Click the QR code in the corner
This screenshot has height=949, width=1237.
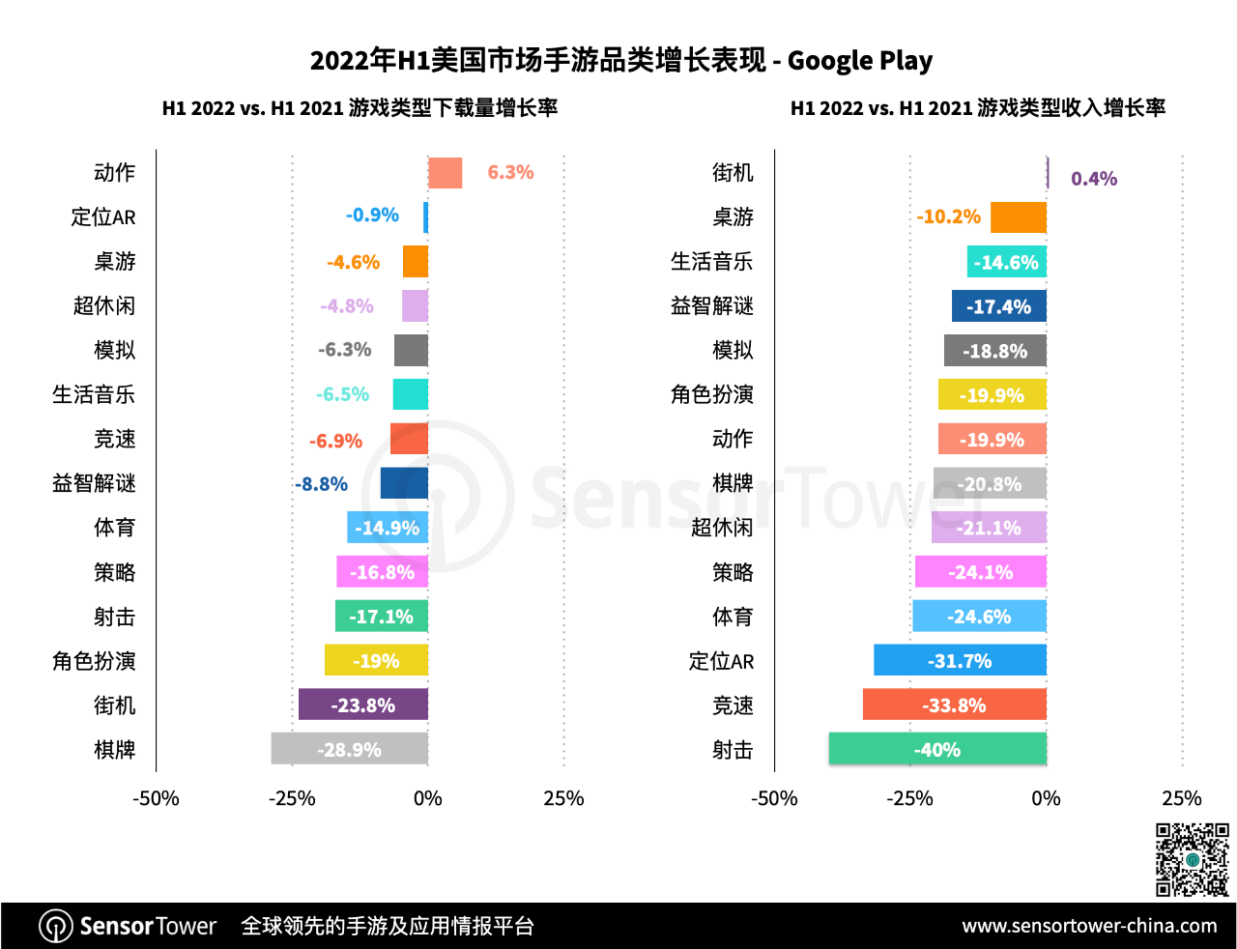[x=1193, y=859]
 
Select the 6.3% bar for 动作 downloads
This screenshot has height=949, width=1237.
[x=446, y=173]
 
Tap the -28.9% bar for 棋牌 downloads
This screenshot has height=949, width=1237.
[x=349, y=749]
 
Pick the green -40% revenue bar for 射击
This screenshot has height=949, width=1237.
[x=937, y=749]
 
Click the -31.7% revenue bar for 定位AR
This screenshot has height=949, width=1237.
[x=960, y=661]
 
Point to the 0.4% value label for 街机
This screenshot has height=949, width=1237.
[x=1094, y=179]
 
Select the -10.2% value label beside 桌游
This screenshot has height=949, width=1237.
[x=949, y=216]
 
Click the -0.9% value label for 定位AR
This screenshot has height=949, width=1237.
[x=372, y=216]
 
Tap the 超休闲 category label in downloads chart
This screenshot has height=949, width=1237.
[x=104, y=306]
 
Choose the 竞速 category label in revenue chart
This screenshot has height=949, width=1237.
[x=733, y=705]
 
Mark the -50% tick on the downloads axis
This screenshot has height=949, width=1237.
[x=156, y=798]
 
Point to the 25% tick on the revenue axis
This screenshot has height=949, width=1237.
[x=1181, y=798]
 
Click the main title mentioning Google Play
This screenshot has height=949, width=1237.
[x=620, y=61]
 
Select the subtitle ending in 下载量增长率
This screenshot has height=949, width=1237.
[x=360, y=108]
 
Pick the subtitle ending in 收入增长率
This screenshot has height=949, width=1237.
[x=977, y=108]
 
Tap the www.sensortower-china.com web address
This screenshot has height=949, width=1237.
[x=1089, y=926]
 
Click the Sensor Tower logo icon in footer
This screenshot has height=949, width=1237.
[x=56, y=926]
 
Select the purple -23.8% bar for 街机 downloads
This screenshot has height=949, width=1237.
[x=362, y=705]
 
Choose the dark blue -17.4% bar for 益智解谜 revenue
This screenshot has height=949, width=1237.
[x=999, y=306]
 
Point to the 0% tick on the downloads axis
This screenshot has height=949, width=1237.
[x=427, y=798]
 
